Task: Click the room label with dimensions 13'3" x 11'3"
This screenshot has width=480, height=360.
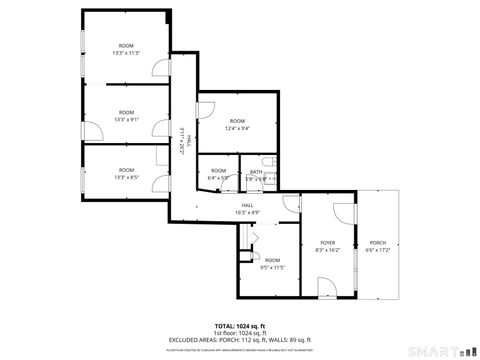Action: (126, 49)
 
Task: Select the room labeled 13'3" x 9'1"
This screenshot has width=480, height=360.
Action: (126, 116)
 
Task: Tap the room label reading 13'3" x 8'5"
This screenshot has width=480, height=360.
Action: (126, 174)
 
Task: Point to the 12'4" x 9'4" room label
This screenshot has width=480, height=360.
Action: (237, 124)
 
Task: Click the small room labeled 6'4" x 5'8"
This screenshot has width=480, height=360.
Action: (219, 174)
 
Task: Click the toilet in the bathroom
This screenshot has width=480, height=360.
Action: (267, 162)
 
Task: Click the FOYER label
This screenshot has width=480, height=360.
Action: (327, 246)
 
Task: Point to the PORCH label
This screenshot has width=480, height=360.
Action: (377, 246)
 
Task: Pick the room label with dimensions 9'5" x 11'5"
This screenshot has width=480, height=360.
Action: (273, 263)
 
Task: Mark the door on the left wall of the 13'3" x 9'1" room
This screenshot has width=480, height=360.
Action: (90, 131)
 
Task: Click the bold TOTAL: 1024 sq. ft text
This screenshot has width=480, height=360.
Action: (239, 325)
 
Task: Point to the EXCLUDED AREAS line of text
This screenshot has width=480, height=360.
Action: (239, 340)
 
